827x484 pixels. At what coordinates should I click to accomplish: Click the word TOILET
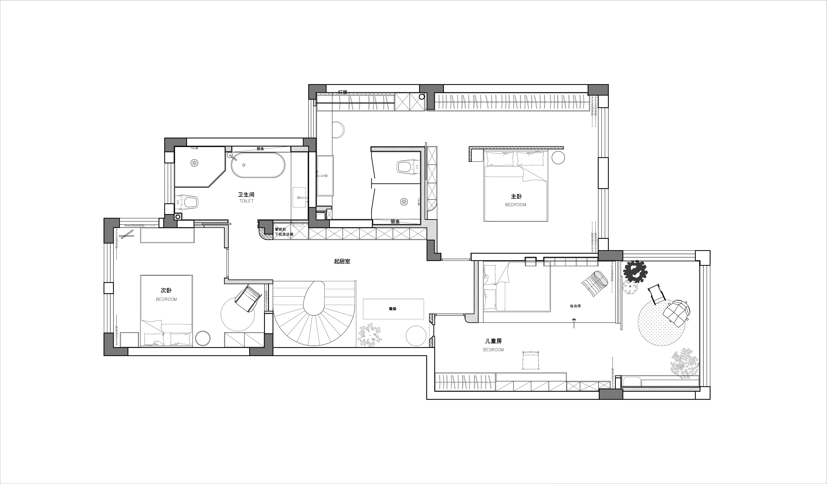[246, 201]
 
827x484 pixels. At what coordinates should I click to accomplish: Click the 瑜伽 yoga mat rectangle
[393, 309]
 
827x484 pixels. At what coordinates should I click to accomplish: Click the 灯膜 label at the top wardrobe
[342, 92]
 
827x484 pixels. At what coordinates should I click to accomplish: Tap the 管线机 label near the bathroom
[281, 229]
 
